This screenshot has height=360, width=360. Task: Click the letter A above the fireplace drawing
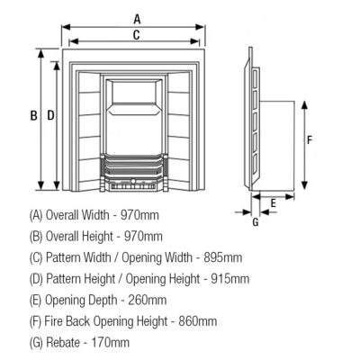coord(137,17)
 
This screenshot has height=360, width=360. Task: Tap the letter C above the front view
coord(136,35)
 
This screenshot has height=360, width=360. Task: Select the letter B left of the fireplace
coord(32,115)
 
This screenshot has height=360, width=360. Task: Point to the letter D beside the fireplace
coord(50,115)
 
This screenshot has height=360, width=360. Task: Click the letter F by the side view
coord(309,140)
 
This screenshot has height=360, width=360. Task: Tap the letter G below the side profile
coord(255,221)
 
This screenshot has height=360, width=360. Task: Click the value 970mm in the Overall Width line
coord(142,215)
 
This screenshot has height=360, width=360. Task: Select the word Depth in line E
coord(100,300)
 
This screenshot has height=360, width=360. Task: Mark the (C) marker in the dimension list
coord(36,257)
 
